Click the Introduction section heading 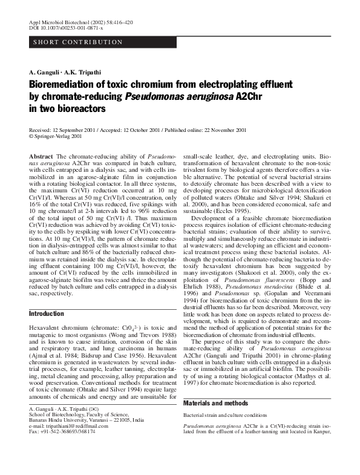click(47, 314)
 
